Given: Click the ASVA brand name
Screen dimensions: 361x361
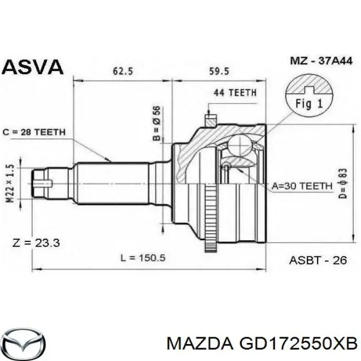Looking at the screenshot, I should tap(33, 67).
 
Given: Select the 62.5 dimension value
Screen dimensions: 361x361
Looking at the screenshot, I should tap(123, 72).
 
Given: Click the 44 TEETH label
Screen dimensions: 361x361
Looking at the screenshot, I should tap(235, 93).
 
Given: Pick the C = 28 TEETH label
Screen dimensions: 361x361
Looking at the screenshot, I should tap(34, 132).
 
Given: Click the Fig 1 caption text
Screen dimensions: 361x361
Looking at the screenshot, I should tap(309, 104).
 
